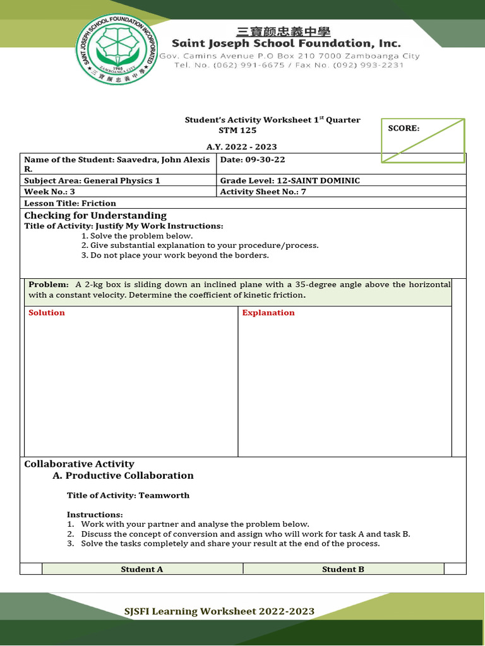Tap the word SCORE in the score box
pyautogui.click(x=404, y=128)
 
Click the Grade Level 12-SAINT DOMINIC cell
pyautogui.click(x=290, y=180)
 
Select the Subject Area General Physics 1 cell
pyautogui.click(x=92, y=180)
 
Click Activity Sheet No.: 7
pyautogui.click(x=263, y=192)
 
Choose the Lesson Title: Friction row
pyautogui.click(x=70, y=203)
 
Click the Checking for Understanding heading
pyautogui.click(x=95, y=216)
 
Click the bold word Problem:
pyautogui.click(x=49, y=285)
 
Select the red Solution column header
pyautogui.click(x=47, y=313)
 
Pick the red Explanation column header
pyautogui.click(x=268, y=313)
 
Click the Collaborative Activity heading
pyautogui.click(x=79, y=464)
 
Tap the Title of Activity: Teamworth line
pyautogui.click(x=128, y=495)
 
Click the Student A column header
pyautogui.click(x=142, y=569)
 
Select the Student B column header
pyautogui.click(x=343, y=569)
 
